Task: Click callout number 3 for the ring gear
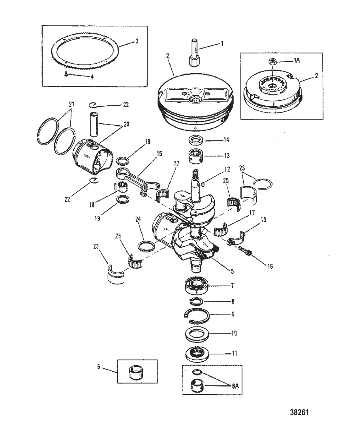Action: (x=137, y=41)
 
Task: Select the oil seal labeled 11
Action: (x=196, y=353)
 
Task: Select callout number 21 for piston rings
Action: (x=71, y=104)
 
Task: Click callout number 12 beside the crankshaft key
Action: (x=228, y=169)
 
